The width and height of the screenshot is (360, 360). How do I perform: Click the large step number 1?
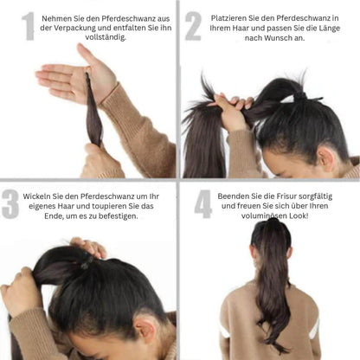(x=29, y=26)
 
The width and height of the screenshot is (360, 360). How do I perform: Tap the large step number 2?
(x=193, y=26)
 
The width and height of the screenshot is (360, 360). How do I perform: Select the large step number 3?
(x=10, y=204)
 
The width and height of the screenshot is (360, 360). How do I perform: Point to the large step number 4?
(x=203, y=204)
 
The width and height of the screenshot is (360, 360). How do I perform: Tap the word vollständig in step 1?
(x=105, y=37)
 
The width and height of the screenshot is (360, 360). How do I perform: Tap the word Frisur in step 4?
(x=286, y=196)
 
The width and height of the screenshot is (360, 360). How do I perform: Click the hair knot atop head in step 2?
(x=300, y=97)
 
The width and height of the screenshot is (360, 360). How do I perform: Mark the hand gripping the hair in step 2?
(x=231, y=111)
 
